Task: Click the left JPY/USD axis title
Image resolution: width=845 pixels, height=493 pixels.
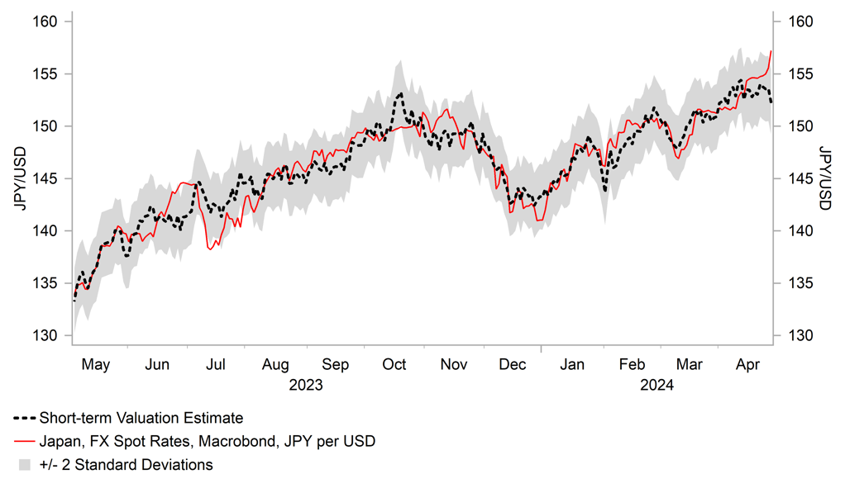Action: [x=19, y=178]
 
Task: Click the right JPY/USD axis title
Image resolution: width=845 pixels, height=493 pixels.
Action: [x=825, y=178]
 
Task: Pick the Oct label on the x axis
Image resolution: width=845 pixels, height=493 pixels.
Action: [x=394, y=364]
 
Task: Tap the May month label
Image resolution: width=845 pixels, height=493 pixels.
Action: [x=98, y=364]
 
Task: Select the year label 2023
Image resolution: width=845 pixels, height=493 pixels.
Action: [x=306, y=385]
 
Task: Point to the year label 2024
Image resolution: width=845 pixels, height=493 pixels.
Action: [x=657, y=385]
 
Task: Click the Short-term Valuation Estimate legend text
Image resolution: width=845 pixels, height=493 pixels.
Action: [x=141, y=418]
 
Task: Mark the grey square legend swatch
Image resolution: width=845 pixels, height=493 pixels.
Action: [x=24, y=464]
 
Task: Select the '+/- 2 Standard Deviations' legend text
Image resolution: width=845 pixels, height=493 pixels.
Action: [x=126, y=464]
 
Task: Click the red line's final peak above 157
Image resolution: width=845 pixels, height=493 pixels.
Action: [x=771, y=51]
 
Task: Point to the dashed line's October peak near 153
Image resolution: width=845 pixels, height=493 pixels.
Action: [x=400, y=93]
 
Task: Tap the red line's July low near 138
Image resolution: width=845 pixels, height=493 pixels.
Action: [x=211, y=249]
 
